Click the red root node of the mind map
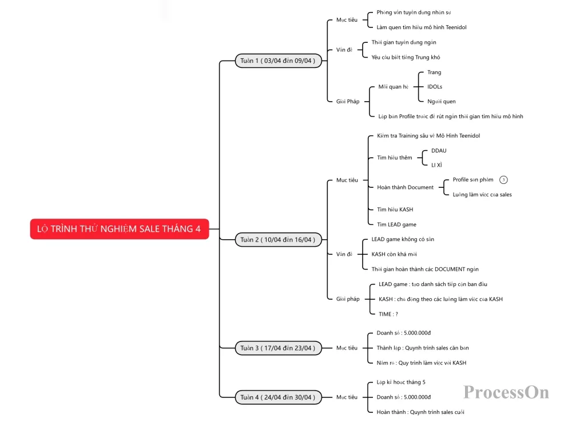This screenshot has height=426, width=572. [x=120, y=228]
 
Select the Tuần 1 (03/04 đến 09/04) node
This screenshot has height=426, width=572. [x=278, y=61]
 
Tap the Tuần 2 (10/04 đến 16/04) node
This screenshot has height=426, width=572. [x=278, y=240]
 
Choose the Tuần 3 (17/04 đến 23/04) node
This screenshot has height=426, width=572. [x=278, y=348]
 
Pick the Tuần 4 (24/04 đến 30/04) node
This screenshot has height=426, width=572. [x=278, y=397]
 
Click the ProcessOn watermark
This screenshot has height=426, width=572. [x=506, y=392]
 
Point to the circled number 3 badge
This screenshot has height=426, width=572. [x=503, y=179]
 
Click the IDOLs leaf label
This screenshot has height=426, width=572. [x=435, y=87]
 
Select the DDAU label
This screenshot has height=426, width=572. [x=439, y=150]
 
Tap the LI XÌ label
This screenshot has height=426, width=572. [x=436, y=165]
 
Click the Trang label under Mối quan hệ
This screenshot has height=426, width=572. [x=434, y=73]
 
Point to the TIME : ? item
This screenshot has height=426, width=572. [x=388, y=314]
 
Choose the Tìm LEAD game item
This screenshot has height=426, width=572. [x=396, y=224]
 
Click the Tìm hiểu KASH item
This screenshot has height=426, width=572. [x=395, y=210]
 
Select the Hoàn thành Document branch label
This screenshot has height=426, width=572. [x=406, y=187]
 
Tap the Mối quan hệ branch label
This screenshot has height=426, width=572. [x=394, y=87]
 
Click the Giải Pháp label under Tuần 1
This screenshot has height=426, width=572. [x=348, y=101]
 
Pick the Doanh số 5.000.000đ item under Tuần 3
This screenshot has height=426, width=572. [x=403, y=333]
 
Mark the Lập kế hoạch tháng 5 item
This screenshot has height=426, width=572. [x=401, y=382]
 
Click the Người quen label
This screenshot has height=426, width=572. [x=442, y=101]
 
